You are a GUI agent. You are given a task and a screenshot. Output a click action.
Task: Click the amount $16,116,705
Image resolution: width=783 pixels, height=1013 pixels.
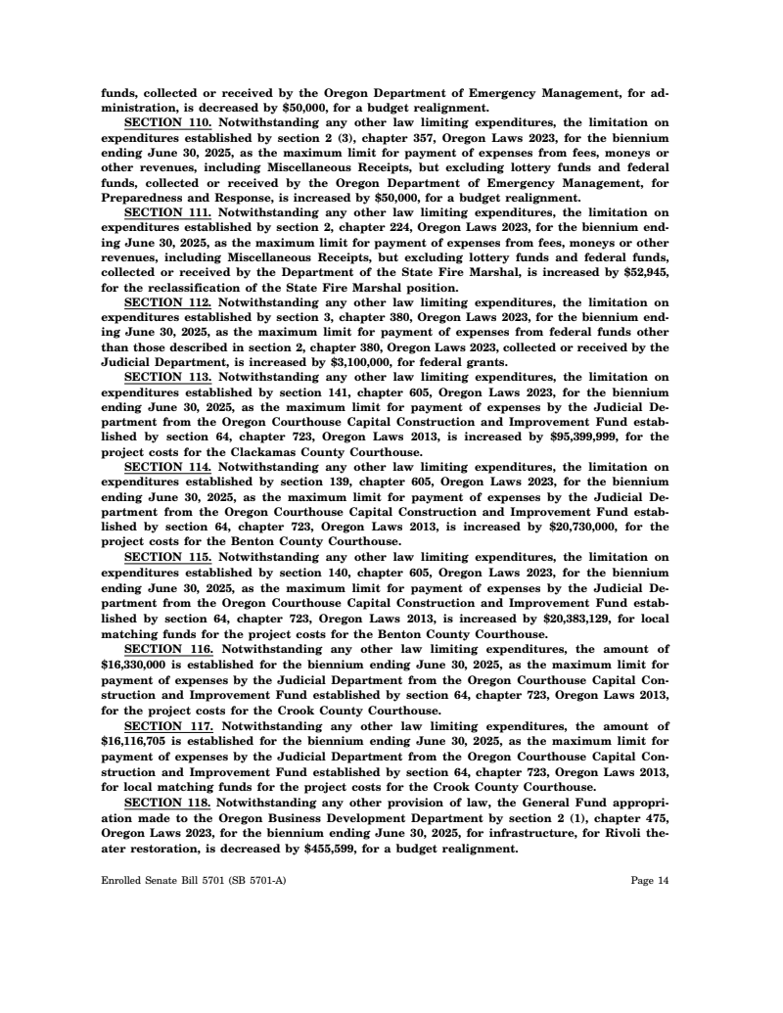[137, 740]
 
